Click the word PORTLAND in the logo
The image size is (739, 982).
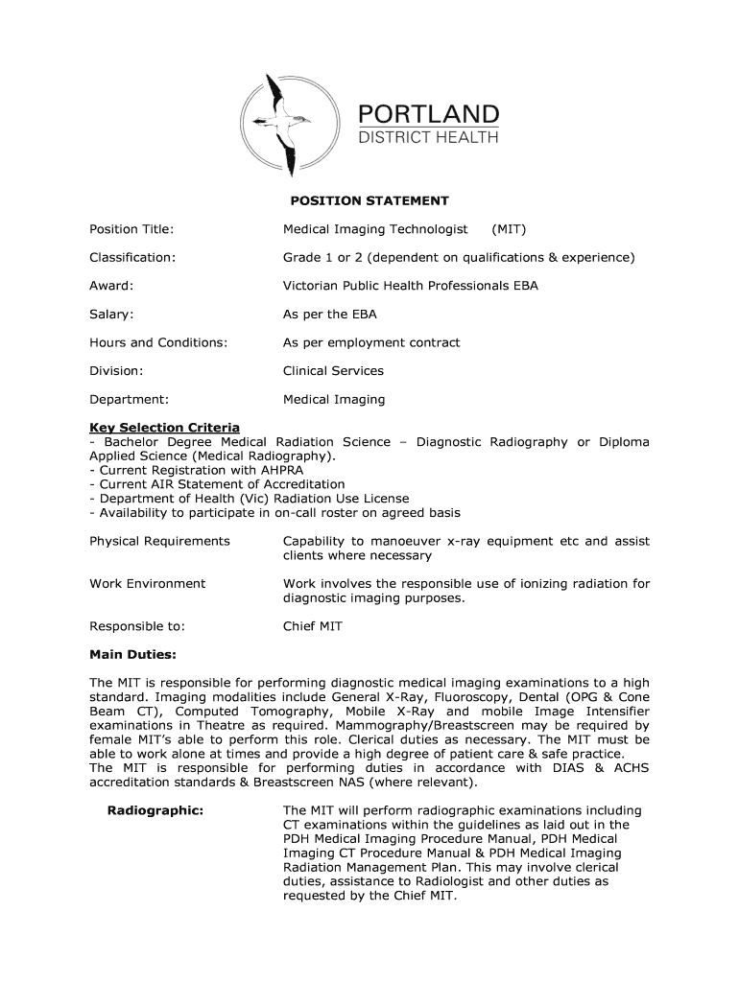(x=428, y=114)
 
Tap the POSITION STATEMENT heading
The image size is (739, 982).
(x=369, y=201)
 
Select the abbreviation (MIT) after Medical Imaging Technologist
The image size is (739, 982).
(x=509, y=229)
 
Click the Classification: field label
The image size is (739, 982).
(x=132, y=258)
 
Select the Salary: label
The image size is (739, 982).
(x=111, y=315)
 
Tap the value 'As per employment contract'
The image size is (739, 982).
(x=370, y=342)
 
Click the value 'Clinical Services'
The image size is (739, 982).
(x=332, y=371)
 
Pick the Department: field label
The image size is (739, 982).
(x=129, y=399)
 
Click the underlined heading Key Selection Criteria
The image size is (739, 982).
(x=164, y=428)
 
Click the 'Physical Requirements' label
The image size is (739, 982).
(x=159, y=541)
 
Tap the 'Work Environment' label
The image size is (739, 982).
(x=147, y=583)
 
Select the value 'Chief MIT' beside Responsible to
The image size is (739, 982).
(x=312, y=626)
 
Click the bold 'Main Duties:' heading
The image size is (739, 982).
(x=132, y=654)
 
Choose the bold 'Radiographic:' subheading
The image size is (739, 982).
(x=155, y=810)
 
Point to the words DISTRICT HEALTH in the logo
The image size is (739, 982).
(x=428, y=138)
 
